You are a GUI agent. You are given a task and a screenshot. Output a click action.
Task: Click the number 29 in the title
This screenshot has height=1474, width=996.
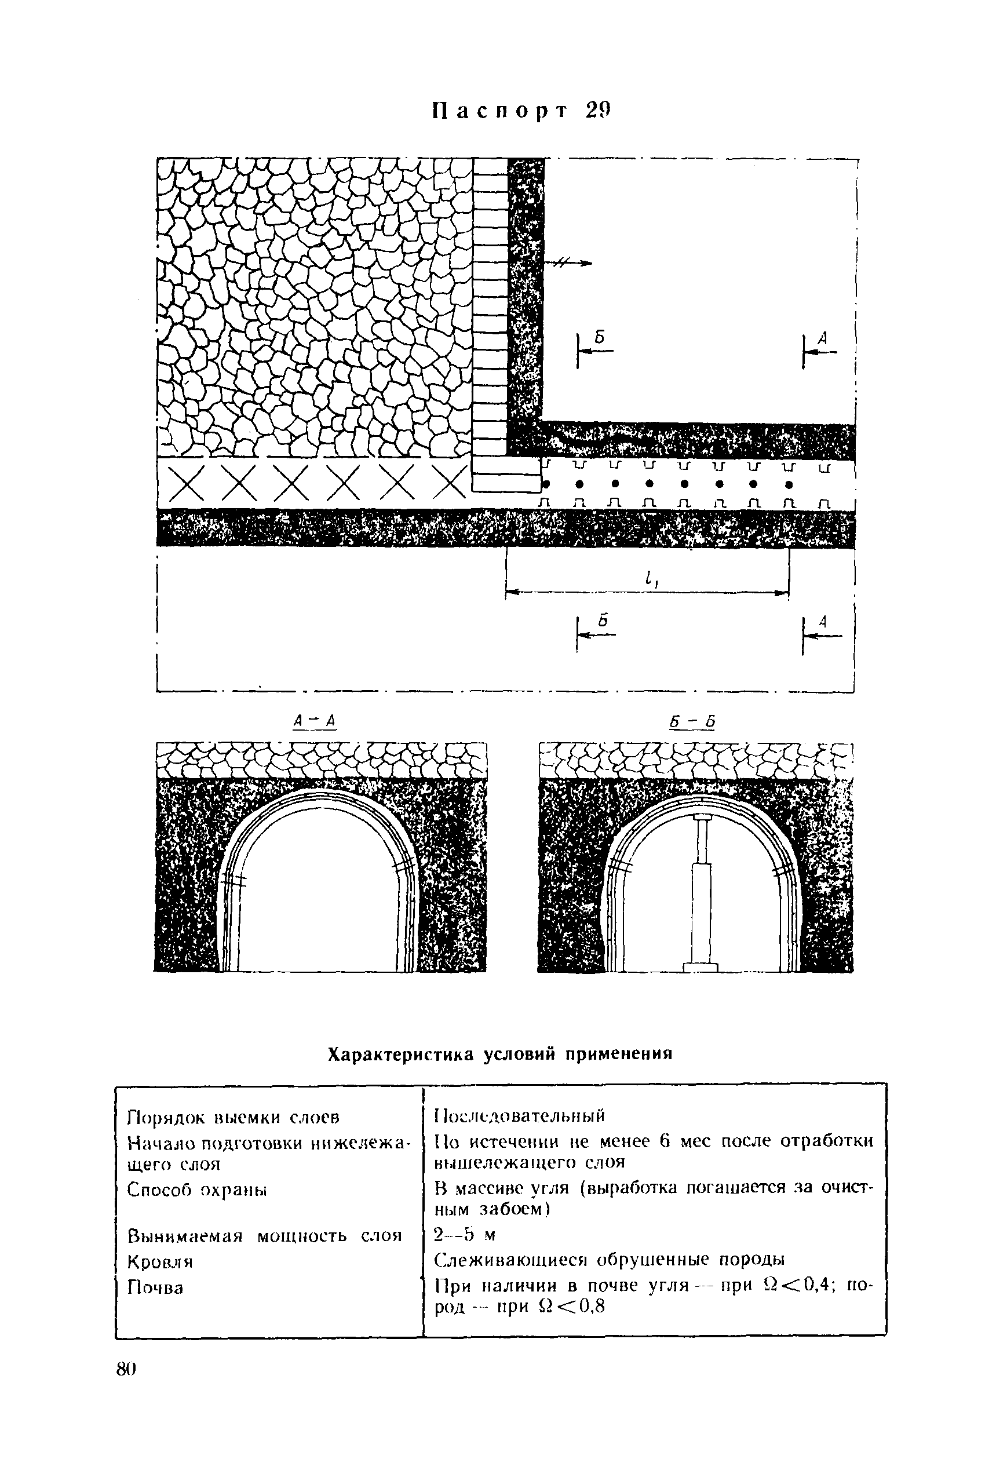click(x=597, y=111)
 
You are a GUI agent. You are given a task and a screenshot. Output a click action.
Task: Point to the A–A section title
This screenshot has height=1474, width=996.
click(x=314, y=721)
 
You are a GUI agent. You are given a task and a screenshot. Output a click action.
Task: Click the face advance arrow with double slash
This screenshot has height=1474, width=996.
click(x=571, y=263)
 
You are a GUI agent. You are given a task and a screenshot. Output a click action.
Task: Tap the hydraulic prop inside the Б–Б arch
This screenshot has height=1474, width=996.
click(x=701, y=888)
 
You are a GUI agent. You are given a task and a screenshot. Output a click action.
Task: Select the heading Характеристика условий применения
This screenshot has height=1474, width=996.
click(x=499, y=1053)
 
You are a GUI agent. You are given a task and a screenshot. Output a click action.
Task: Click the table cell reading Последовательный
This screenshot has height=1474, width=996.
click(x=520, y=1114)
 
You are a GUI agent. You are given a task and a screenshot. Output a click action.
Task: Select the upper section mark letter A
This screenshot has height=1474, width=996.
click(x=823, y=340)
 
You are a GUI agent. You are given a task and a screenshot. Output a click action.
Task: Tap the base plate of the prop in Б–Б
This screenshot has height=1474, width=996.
click(x=701, y=967)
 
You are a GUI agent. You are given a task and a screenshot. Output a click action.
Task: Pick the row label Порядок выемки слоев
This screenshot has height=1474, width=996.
click(x=234, y=1117)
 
